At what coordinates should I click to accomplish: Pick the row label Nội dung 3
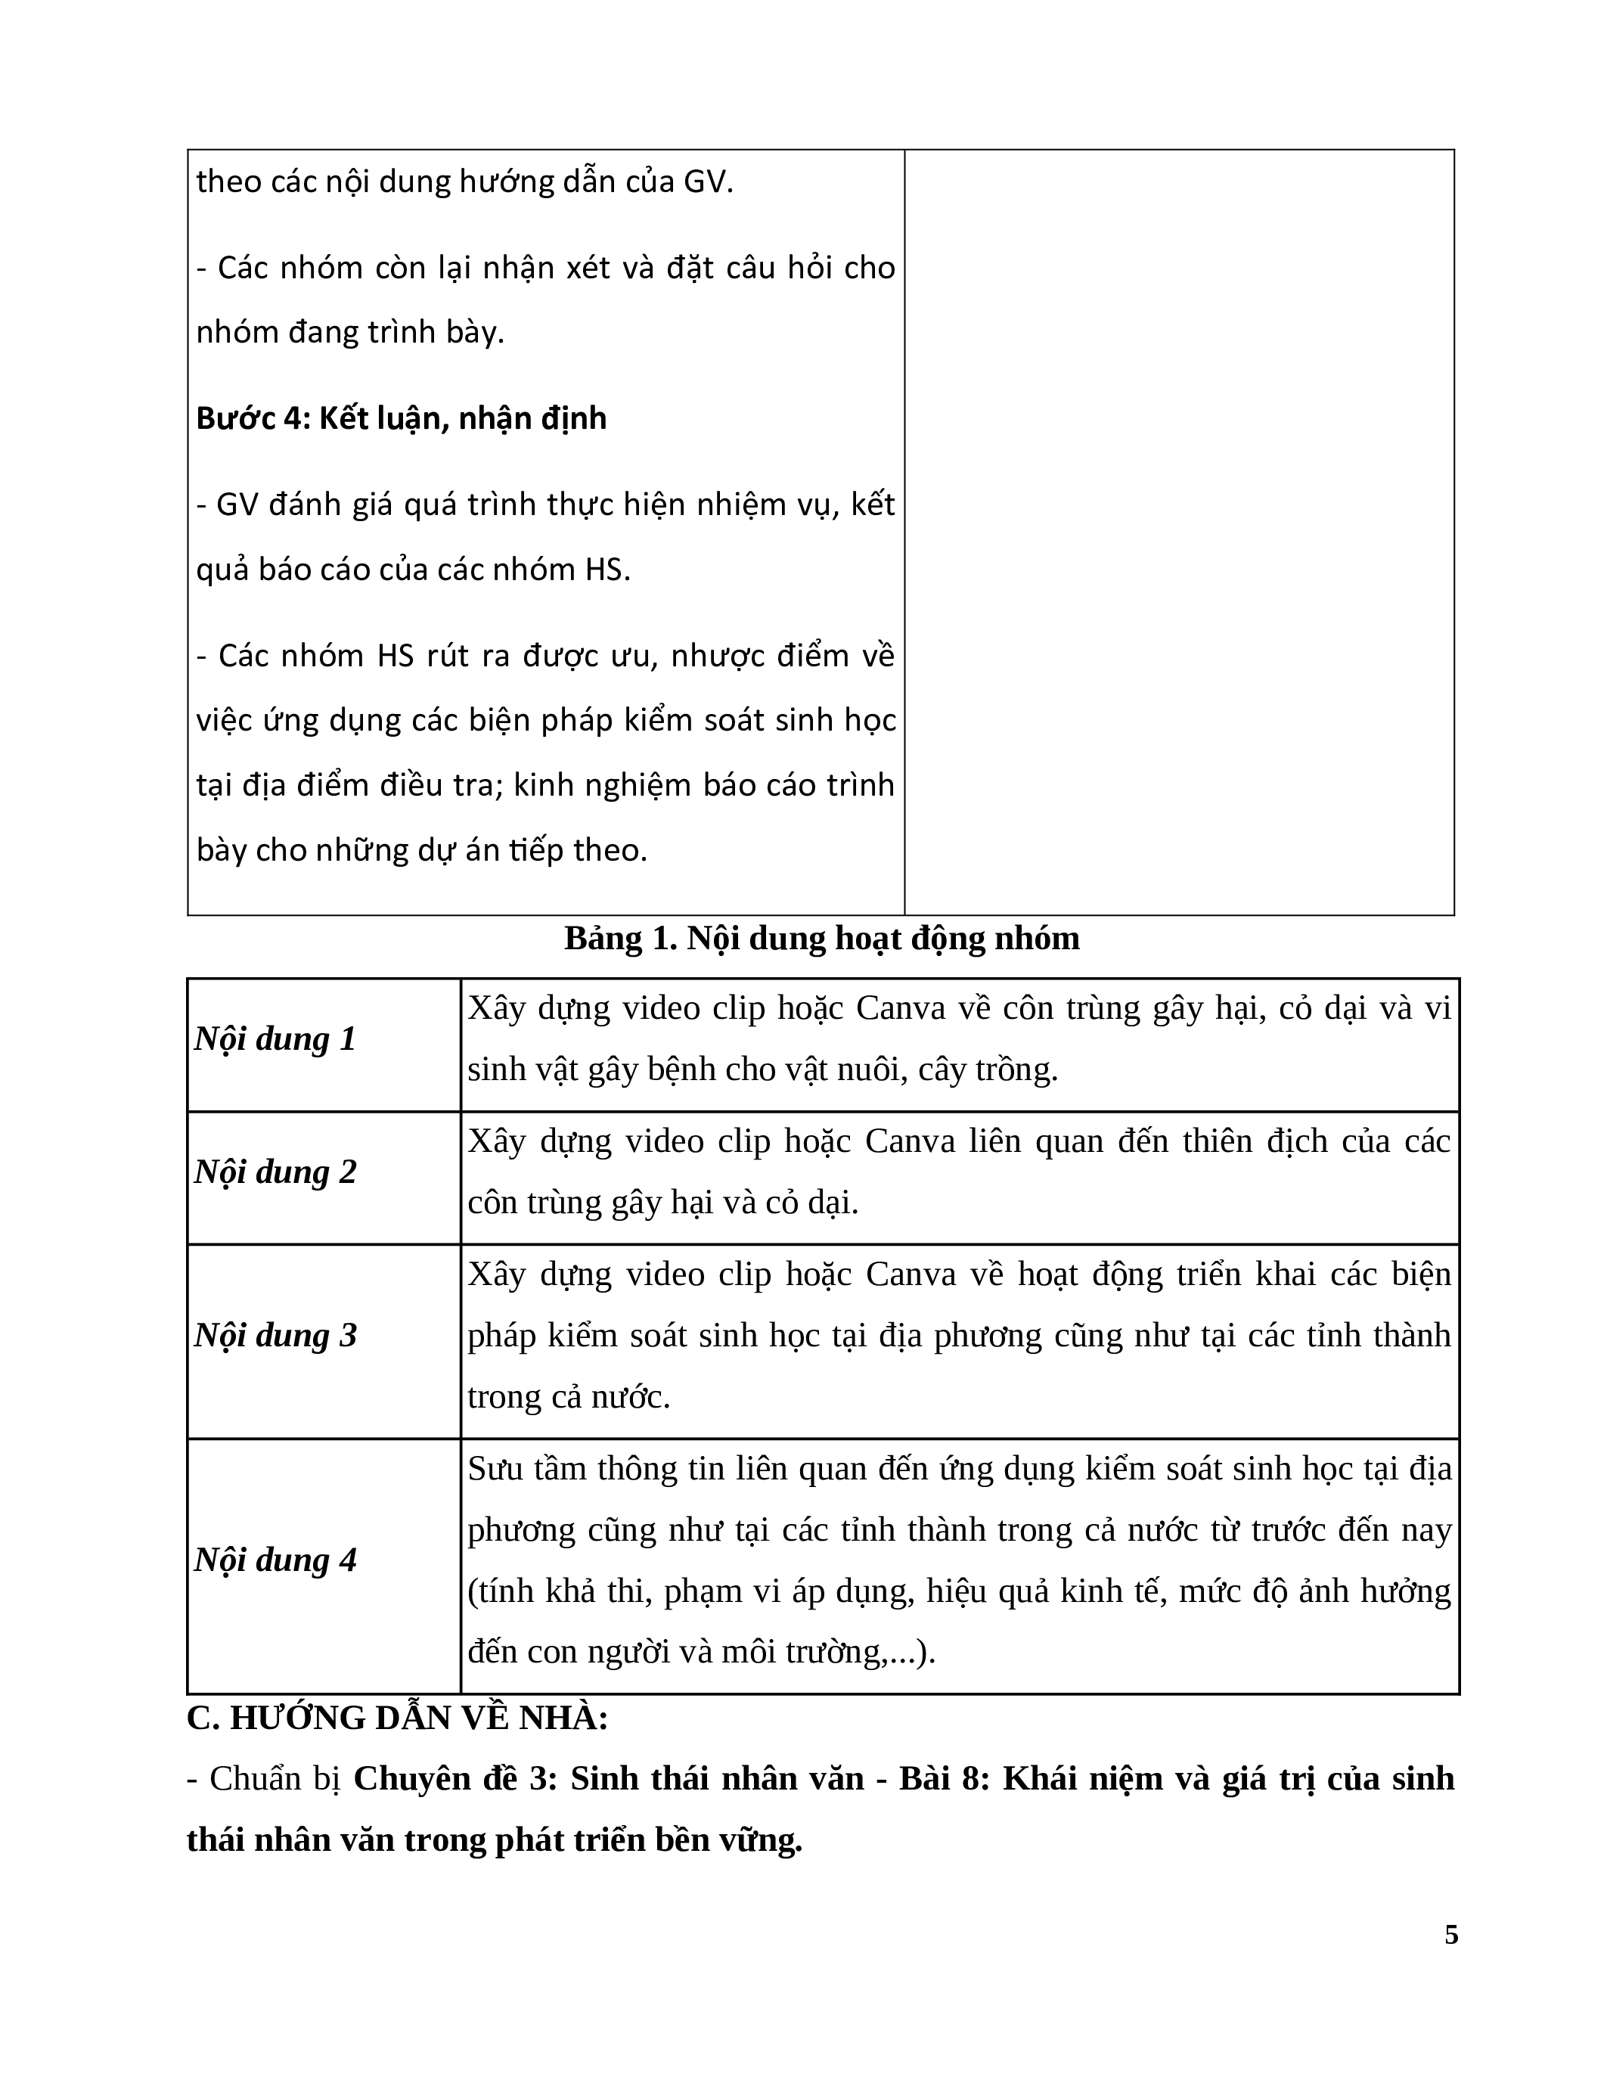click(275, 1335)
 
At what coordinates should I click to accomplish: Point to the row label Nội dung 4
click(275, 1560)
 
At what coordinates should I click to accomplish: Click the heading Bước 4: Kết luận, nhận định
click(401, 418)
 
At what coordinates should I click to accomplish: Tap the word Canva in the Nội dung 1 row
click(901, 1007)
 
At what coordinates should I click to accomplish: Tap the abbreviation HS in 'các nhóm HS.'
click(606, 570)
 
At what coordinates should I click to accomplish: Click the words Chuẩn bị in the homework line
click(275, 1779)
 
